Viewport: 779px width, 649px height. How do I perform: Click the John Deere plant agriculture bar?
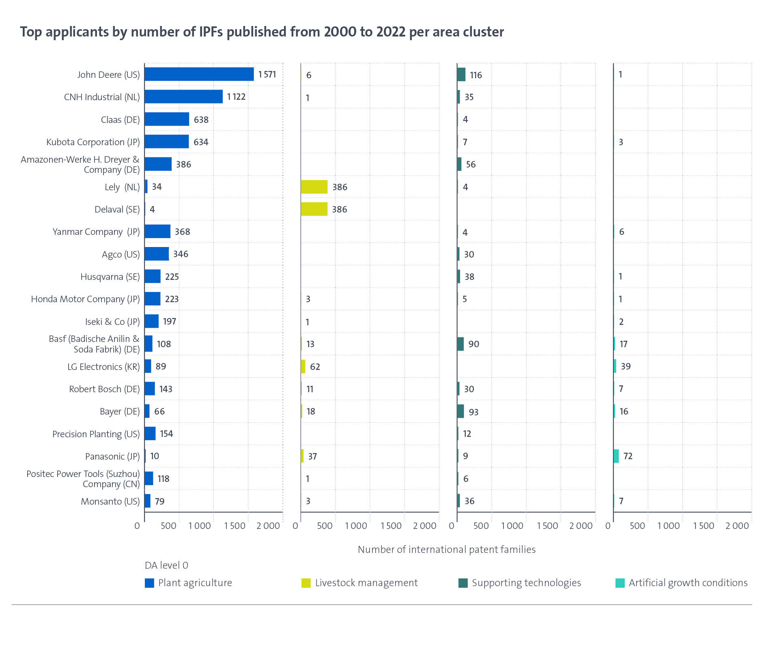199,74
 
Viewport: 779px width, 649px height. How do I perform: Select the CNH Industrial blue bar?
183,97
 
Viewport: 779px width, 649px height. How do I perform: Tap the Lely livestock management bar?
314,187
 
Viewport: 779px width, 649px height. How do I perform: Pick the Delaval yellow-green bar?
314,209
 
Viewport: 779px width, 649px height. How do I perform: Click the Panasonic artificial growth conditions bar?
616,456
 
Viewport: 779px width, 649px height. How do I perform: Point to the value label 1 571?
267,74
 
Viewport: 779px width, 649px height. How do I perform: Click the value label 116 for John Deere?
476,75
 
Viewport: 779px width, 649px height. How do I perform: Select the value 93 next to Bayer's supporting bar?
473,412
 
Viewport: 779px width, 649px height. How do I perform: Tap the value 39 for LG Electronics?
626,366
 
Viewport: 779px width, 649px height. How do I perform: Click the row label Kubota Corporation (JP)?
93,142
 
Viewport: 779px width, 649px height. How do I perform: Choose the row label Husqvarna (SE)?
110,277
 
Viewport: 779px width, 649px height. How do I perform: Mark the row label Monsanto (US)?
110,501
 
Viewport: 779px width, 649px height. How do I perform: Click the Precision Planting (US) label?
96,434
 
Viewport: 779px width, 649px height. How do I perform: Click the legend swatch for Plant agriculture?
149,583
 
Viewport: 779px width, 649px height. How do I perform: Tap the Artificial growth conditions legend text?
688,583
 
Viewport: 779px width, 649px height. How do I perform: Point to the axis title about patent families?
446,549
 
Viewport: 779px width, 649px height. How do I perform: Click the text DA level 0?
166,565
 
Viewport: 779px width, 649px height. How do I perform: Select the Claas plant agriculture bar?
167,119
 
